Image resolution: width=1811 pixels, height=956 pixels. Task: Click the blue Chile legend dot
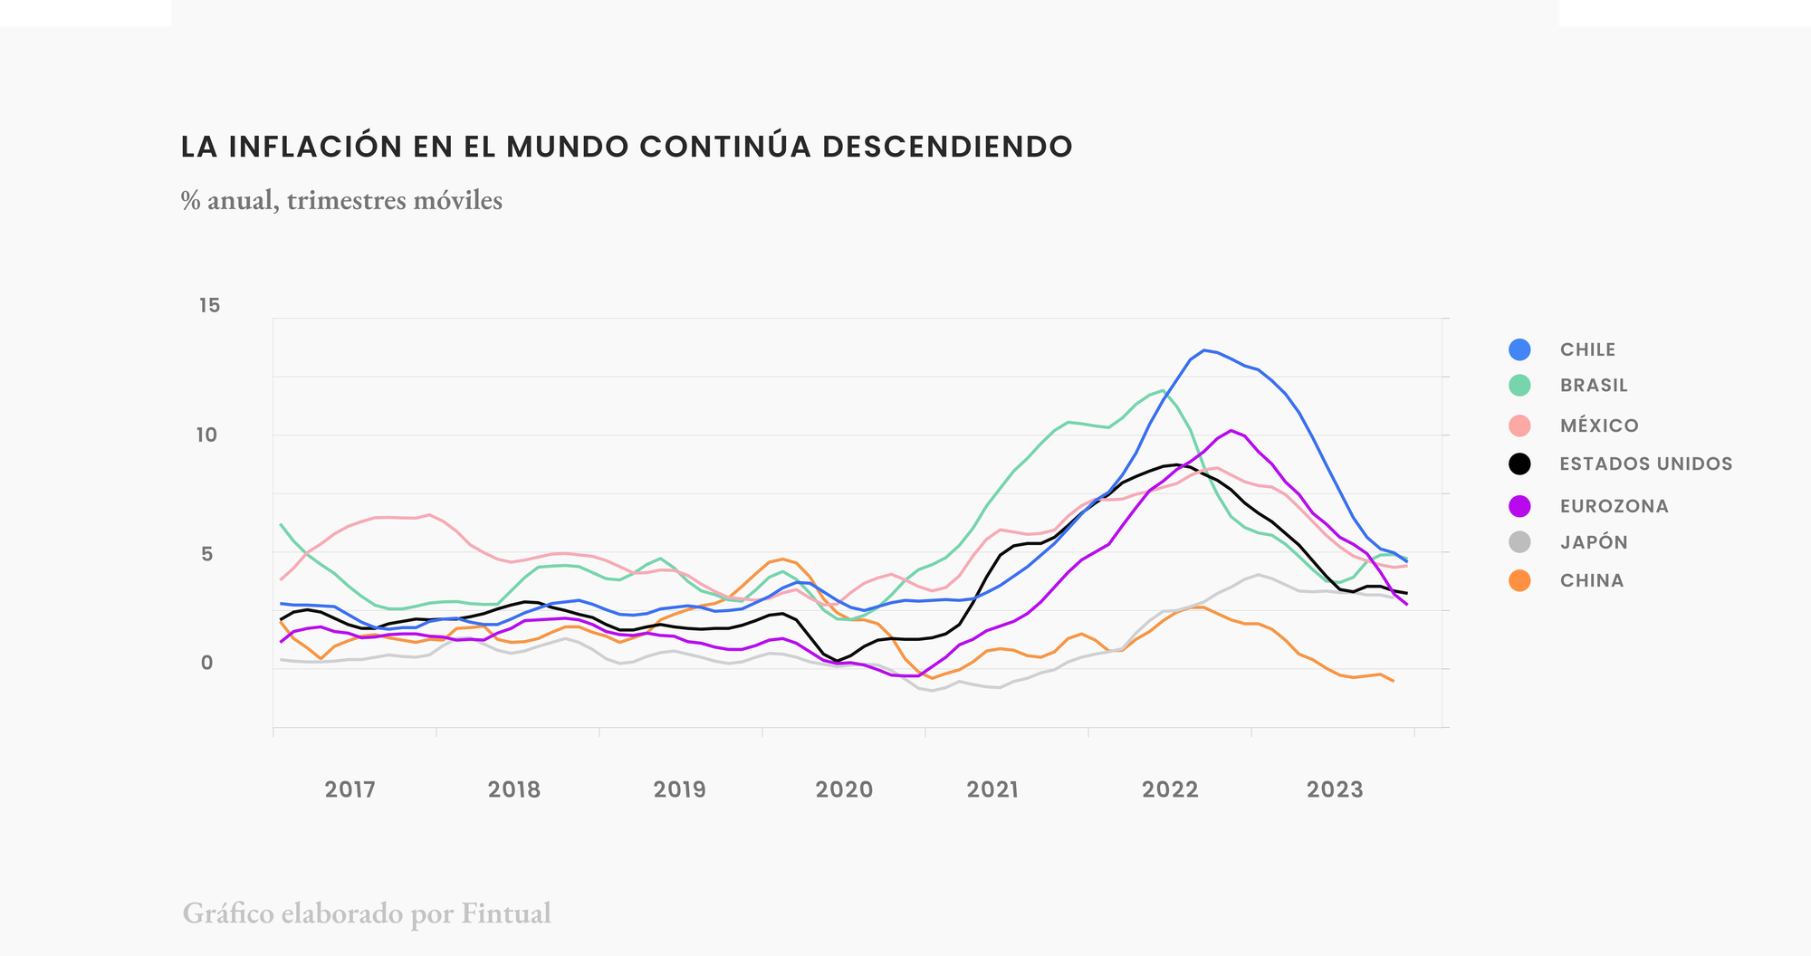coord(1519,349)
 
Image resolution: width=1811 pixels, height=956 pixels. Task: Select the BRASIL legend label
coord(1594,386)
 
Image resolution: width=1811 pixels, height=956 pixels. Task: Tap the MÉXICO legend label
coord(1599,425)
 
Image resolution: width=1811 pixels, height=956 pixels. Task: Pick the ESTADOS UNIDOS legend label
coord(1645,464)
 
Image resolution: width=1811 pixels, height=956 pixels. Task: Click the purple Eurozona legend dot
coord(1519,506)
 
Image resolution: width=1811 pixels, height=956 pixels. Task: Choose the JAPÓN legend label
coord(1594,543)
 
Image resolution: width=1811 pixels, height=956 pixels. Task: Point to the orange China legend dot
coord(1519,581)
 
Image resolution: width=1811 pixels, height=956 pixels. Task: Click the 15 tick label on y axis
coord(209,306)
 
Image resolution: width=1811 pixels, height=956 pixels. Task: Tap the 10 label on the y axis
coord(207,435)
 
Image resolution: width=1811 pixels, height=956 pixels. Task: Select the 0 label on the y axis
coord(207,663)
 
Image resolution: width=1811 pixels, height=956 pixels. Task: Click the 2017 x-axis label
coord(350,790)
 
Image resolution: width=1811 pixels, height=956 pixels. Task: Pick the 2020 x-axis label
coord(844,790)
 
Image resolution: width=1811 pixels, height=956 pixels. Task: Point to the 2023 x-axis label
coord(1335,790)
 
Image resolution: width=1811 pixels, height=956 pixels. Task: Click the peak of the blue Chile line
coord(1204,350)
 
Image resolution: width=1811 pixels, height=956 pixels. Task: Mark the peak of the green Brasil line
coord(1163,391)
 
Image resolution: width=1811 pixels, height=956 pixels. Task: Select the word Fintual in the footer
coord(506,913)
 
